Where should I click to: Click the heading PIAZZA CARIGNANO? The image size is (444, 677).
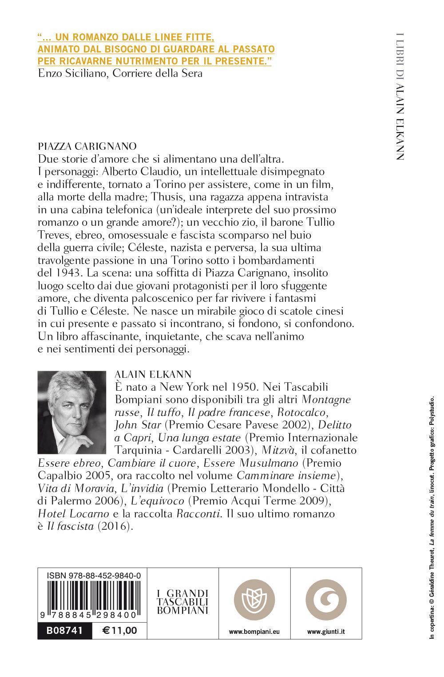(x=87, y=146)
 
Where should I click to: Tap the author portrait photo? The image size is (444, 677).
(x=72, y=412)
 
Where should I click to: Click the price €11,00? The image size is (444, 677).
(x=119, y=630)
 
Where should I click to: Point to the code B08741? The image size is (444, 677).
(x=65, y=630)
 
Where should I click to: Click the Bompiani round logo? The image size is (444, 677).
(x=254, y=600)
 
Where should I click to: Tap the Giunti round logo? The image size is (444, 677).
(x=326, y=600)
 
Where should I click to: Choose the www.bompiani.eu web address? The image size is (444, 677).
(x=254, y=632)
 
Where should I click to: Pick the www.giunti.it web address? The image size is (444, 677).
(x=326, y=632)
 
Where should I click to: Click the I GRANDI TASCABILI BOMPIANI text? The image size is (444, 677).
(x=182, y=602)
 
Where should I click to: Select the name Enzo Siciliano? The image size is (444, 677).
(x=73, y=73)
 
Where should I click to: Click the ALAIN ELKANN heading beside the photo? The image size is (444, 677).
(x=153, y=374)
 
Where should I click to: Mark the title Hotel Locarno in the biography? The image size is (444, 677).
(x=73, y=514)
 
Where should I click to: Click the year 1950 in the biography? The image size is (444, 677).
(x=244, y=387)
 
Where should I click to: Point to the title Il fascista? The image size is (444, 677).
(x=71, y=527)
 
